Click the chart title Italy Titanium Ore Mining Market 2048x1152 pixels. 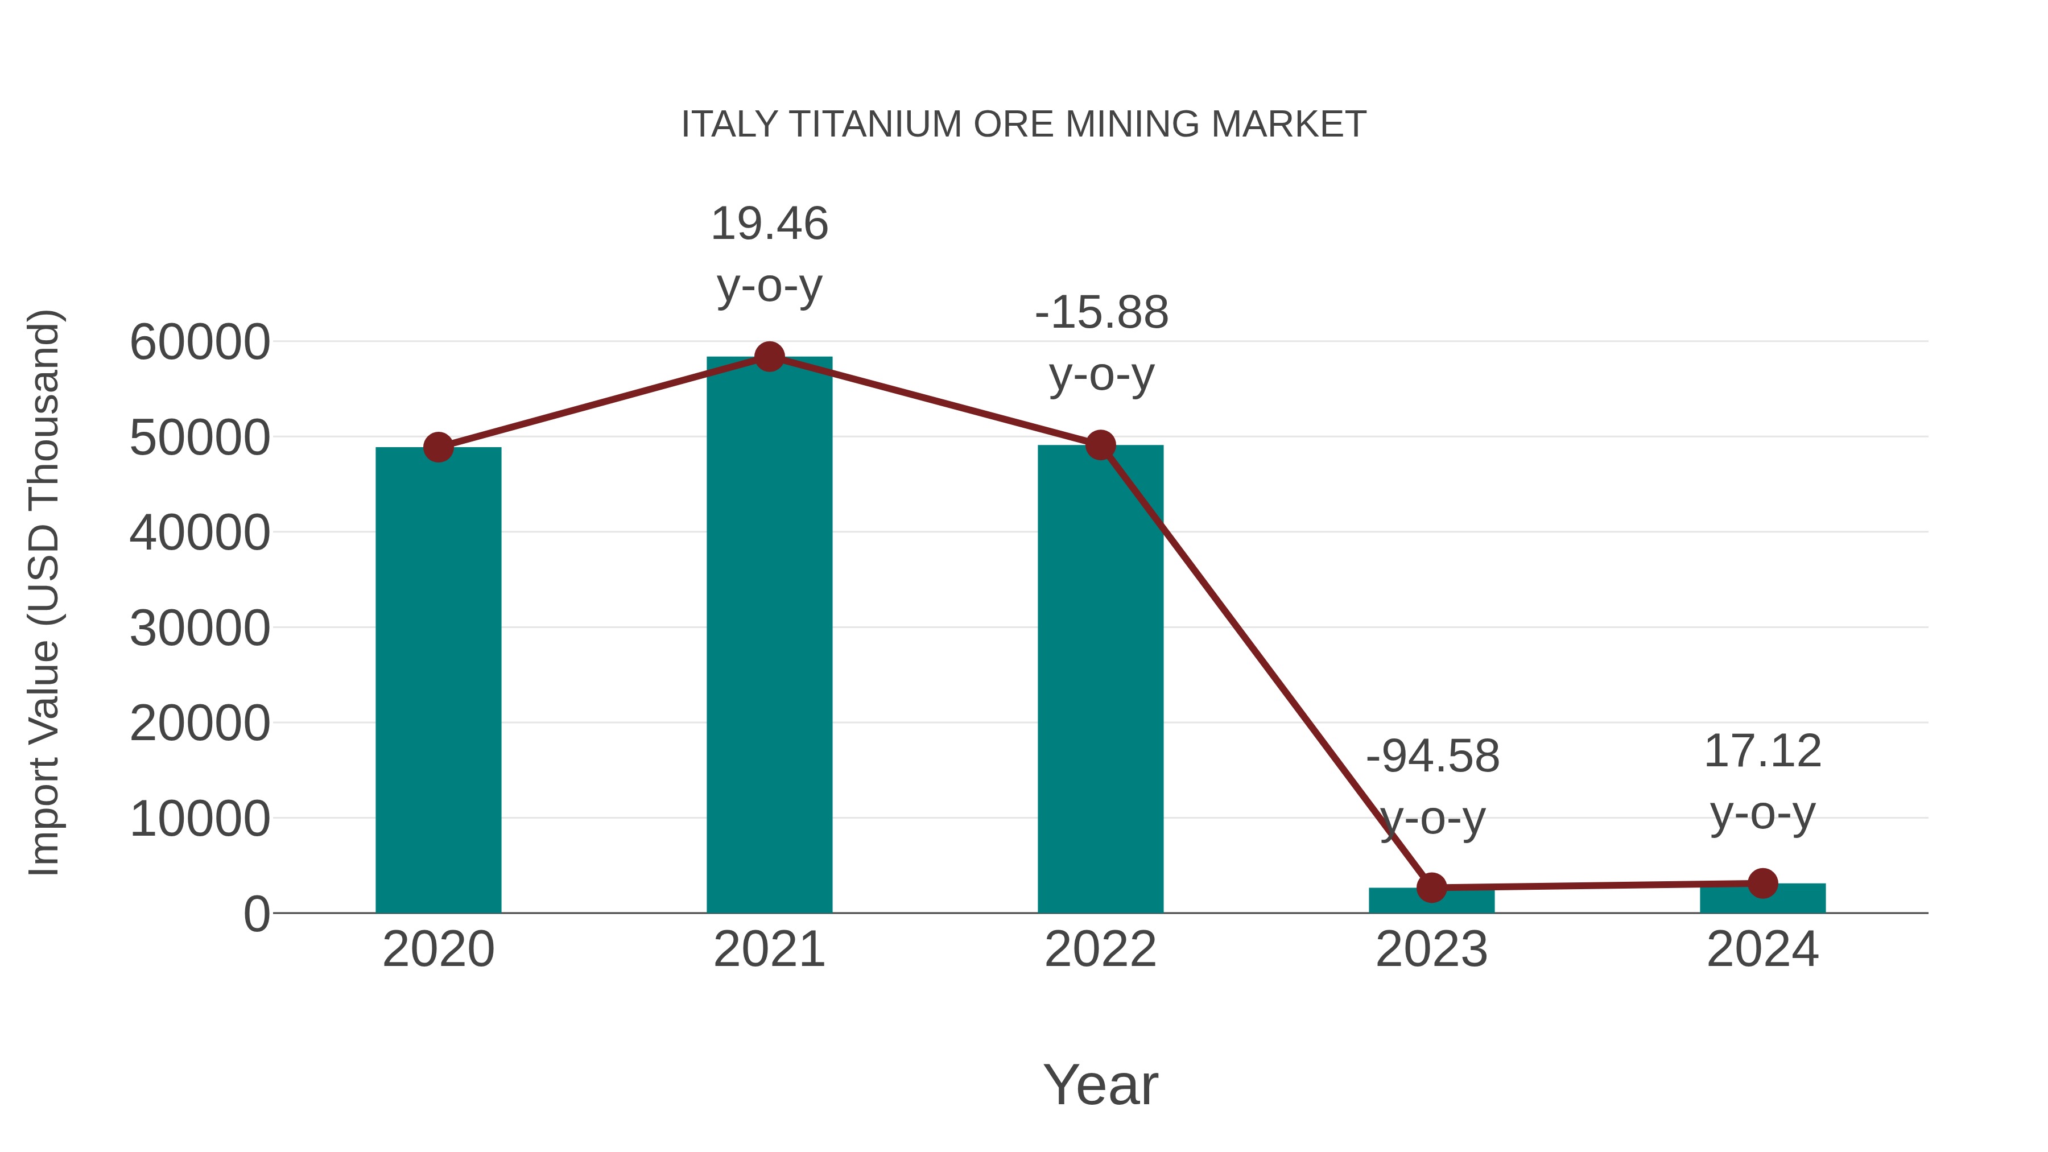click(1023, 125)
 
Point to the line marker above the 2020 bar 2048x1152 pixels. click(438, 448)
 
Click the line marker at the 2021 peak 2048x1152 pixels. click(769, 357)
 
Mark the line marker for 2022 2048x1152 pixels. click(1100, 445)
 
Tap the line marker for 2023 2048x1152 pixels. click(1431, 887)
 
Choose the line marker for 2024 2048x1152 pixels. click(1762, 883)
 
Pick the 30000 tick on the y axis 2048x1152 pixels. click(200, 629)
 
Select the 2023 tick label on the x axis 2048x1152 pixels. click(1431, 949)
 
